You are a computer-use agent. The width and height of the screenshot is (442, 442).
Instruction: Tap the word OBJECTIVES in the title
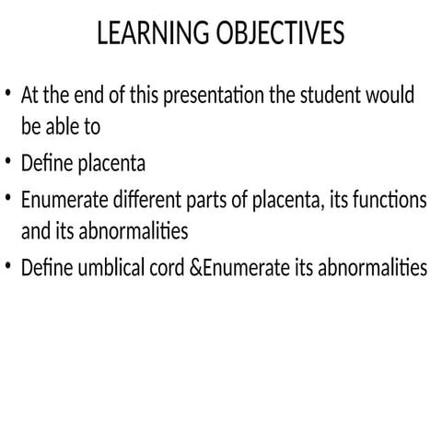coord(280,34)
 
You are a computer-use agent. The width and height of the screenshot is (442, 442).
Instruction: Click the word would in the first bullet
coord(391,95)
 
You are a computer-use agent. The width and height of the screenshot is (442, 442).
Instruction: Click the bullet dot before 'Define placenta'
coord(8,162)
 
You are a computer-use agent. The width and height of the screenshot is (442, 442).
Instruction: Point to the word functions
coord(390,199)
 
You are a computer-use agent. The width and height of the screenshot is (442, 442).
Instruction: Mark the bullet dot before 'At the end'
coord(8,93)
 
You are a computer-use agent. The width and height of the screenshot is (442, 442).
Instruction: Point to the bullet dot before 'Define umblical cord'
coord(8,266)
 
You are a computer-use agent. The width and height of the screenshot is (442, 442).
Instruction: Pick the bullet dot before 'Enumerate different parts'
coord(8,197)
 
